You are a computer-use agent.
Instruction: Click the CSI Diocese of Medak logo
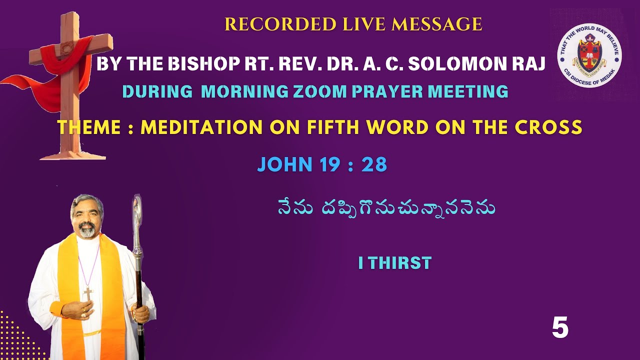point(589,55)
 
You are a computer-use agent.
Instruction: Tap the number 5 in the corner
point(560,328)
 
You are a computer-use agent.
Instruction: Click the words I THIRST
point(394,263)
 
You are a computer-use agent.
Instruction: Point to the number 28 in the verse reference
point(374,164)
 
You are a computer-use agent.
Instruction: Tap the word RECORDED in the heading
point(264,24)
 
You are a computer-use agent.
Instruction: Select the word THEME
point(88,127)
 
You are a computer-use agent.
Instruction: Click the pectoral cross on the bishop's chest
point(88,293)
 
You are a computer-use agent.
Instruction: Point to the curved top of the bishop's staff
point(137,206)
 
